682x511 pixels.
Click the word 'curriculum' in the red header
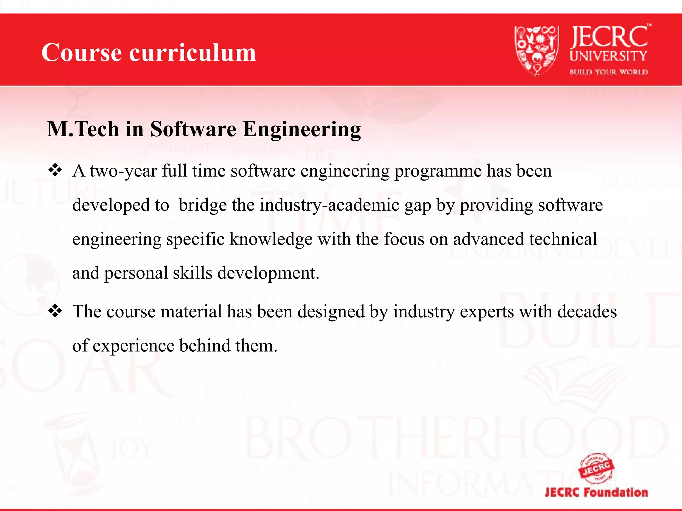pos(192,53)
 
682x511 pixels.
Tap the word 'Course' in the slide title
pos(82,53)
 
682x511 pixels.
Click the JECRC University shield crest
pos(536,51)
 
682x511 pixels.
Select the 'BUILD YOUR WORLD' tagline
pos(608,72)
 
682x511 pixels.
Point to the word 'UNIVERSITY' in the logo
pos(608,56)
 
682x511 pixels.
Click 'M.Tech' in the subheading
pos(83,129)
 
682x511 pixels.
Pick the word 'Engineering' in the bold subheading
pos(302,130)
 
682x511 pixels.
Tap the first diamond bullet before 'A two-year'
pos(55,170)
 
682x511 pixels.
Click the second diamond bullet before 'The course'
pos(55,311)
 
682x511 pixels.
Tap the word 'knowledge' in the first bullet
pos(271,240)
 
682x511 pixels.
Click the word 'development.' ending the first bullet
pos(268,273)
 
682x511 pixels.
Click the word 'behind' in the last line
pos(205,346)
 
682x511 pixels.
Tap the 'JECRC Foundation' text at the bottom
pos(596,492)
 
